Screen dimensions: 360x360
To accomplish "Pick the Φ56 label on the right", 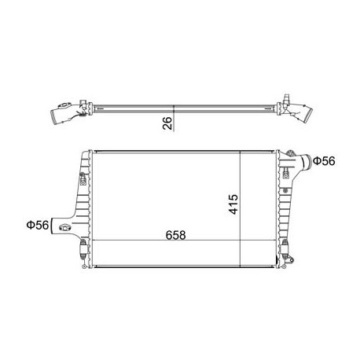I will (325, 161).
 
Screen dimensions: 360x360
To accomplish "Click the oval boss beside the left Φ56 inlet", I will (65, 230).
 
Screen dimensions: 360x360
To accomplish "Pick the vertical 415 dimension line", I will (240, 208).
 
